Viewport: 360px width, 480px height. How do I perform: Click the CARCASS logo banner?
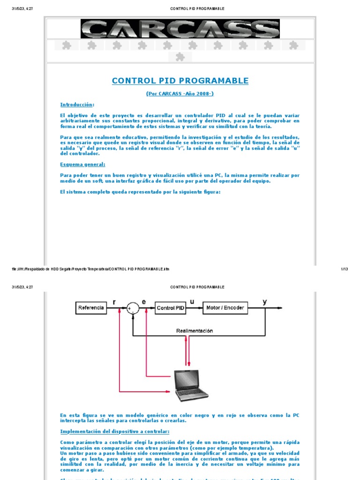point(180,29)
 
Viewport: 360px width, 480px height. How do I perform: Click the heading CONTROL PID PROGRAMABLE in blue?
point(180,81)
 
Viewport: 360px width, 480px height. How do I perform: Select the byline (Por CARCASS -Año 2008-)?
point(180,94)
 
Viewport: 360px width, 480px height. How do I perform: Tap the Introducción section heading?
point(77,105)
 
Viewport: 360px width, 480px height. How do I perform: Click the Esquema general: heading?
point(82,165)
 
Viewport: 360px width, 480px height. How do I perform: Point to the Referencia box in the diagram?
point(91,308)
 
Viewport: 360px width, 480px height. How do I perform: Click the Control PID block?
point(170,308)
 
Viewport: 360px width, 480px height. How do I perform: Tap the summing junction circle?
point(134,308)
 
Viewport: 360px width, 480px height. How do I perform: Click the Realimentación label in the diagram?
point(195,330)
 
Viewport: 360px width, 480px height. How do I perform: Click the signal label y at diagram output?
point(265,302)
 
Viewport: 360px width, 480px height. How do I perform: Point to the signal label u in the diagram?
point(191,302)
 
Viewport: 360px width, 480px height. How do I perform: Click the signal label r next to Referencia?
point(114,302)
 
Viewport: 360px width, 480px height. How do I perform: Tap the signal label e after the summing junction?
point(144,302)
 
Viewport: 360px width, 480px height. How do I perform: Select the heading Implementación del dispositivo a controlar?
point(115,431)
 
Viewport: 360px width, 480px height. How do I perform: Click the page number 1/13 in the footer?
point(344,269)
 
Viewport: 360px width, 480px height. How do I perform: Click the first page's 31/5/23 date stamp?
point(22,8)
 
